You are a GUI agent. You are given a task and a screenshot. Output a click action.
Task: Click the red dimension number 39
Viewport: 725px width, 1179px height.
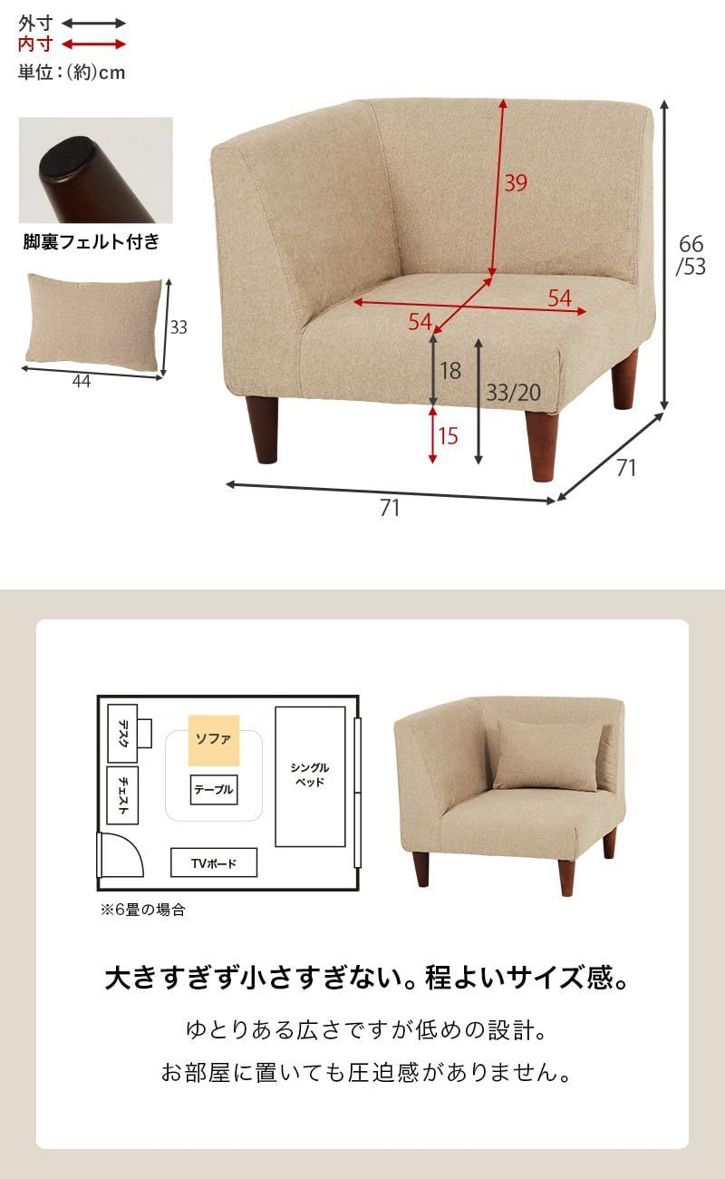point(515,183)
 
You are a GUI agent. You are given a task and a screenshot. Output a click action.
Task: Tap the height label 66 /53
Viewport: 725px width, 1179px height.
point(691,255)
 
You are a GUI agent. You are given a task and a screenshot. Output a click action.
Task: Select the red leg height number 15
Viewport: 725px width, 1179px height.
point(448,435)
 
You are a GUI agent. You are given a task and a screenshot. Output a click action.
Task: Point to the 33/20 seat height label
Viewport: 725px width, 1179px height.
point(513,393)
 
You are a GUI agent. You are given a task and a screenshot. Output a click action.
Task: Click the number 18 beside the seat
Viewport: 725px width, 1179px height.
point(450,370)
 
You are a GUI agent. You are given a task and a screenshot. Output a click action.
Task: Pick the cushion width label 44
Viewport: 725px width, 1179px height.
point(82,381)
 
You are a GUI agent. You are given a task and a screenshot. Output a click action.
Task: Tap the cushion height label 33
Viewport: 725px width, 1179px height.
point(179,327)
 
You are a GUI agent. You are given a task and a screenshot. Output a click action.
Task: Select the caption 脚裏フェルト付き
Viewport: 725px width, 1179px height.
point(91,241)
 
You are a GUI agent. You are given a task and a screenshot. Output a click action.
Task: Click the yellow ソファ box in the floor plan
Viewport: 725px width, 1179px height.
point(214,740)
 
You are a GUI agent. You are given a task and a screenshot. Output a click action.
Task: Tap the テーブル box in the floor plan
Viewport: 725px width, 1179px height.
point(214,790)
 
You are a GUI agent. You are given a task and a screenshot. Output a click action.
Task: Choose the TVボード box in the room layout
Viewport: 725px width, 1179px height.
point(214,862)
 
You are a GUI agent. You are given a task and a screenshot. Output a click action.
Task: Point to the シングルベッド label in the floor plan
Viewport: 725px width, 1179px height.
point(310,774)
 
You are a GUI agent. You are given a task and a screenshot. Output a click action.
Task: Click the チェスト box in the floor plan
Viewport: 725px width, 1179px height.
point(122,795)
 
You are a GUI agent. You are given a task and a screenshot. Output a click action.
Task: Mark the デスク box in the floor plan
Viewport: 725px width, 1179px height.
point(122,731)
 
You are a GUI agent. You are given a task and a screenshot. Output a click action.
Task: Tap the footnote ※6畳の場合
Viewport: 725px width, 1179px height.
point(142,910)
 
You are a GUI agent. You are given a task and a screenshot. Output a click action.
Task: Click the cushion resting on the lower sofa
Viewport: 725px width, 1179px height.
point(546,753)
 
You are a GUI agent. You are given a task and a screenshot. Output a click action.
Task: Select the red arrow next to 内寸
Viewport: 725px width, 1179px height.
point(94,44)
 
